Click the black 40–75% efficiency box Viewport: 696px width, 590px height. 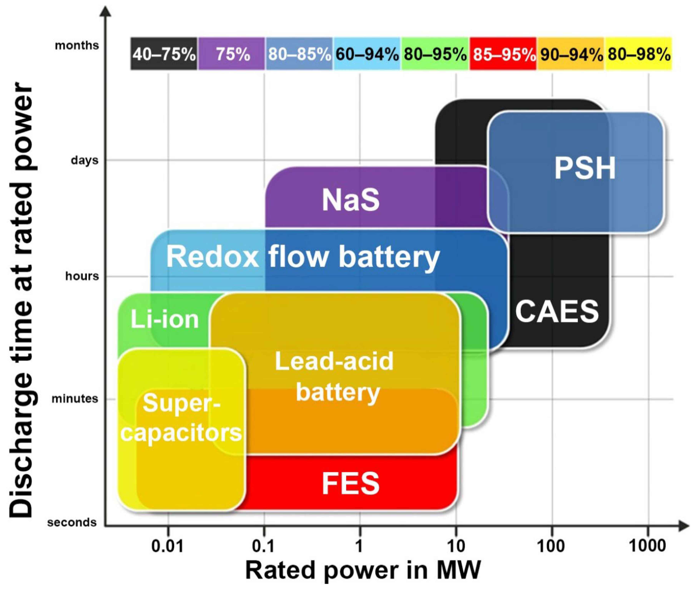point(164,54)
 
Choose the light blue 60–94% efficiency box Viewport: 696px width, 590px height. point(367,54)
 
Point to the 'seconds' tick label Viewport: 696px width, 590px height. point(72,522)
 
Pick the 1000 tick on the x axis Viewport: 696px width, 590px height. point(648,546)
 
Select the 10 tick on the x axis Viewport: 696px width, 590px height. point(456,546)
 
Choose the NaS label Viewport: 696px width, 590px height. point(351,200)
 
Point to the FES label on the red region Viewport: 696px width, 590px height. point(351,483)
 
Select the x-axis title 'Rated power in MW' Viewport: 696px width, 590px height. point(363,570)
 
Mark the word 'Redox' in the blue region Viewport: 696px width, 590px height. point(213,257)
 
